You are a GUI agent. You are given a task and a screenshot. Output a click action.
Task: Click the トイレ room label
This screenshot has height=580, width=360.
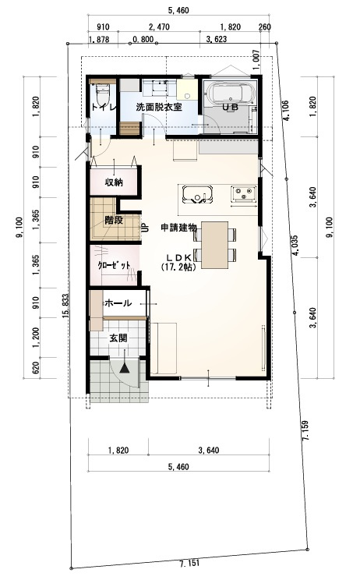pos(103,107)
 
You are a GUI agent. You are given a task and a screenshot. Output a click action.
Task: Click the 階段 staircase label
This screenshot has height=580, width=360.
pos(114,220)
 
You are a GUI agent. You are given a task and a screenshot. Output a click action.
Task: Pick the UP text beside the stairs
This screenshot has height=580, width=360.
pos(146,228)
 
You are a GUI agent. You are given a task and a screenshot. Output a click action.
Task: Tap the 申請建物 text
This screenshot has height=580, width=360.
pos(178,227)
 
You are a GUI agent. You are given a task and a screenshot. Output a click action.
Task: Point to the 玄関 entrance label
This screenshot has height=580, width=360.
pos(118,338)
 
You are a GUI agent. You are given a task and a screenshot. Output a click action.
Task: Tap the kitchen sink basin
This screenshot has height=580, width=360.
pos(197,194)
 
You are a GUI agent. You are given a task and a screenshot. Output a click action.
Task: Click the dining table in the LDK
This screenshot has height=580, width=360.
pos(214,242)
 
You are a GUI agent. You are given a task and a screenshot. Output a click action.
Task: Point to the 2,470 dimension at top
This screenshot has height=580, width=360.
pos(158,26)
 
